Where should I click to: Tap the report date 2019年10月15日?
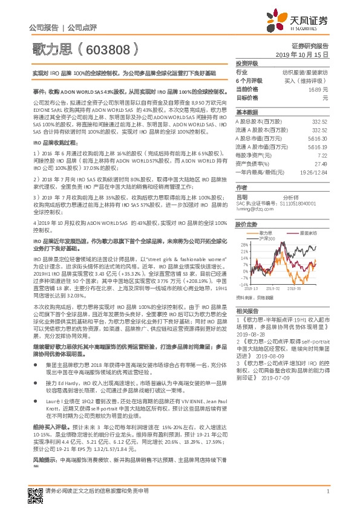307,54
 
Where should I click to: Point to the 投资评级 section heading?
246,63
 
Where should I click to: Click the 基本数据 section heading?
246,112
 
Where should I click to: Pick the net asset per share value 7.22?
324,155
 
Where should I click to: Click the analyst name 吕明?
241,196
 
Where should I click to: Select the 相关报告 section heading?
246,310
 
